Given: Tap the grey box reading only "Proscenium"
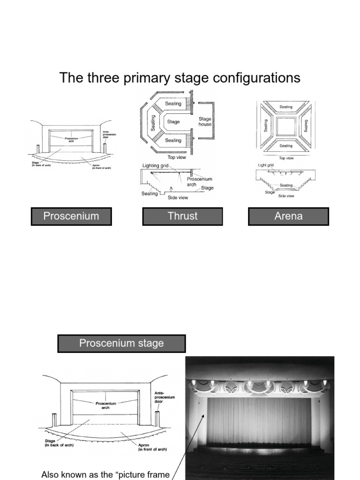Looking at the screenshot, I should pos(71,216).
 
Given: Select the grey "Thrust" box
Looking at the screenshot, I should pos(183,216).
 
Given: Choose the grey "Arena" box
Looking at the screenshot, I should pos(288,216).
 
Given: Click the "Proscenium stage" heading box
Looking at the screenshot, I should pos(121,343).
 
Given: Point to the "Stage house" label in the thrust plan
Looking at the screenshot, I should pos(205,122).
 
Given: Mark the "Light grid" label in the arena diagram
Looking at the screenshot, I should pos(266,165).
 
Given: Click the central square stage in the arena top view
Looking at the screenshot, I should pos(285,126).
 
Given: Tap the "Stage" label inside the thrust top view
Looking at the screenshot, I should pos(173,122).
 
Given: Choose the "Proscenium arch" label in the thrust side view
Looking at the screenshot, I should pos(199,182).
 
